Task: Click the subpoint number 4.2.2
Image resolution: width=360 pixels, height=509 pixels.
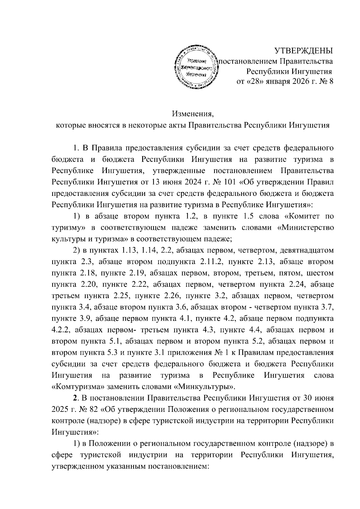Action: click(x=61, y=330)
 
